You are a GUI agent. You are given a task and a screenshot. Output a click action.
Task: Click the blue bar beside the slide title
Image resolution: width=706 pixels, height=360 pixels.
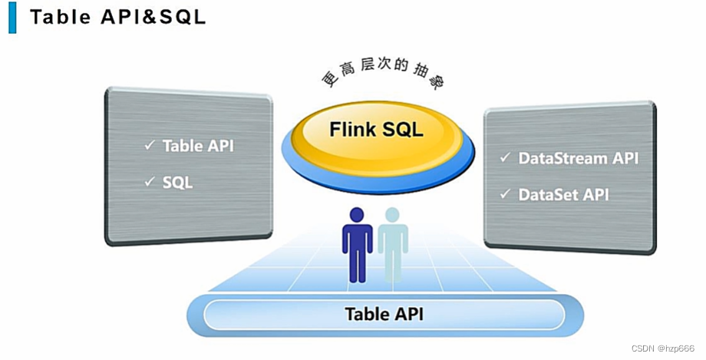tap(12, 17)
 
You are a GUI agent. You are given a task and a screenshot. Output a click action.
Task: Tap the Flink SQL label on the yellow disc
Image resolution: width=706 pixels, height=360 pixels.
tap(376, 129)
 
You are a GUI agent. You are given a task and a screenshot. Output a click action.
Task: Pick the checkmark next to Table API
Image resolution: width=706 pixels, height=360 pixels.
tap(150, 144)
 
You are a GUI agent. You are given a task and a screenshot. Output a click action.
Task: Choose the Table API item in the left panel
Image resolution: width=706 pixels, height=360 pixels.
tap(198, 146)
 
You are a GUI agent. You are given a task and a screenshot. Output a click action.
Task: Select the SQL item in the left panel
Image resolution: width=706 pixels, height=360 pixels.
tap(177, 183)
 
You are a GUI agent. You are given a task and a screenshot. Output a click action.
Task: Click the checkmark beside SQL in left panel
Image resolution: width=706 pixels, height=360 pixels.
tap(150, 181)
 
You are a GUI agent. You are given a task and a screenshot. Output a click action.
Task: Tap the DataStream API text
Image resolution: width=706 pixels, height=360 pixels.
tap(578, 159)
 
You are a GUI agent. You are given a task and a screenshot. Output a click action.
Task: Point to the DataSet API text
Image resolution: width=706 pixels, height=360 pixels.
tap(563, 195)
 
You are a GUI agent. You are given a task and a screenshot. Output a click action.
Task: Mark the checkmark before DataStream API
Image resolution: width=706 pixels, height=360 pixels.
tap(505, 157)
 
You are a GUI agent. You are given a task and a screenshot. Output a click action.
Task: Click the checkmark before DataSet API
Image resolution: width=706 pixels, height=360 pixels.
tap(505, 193)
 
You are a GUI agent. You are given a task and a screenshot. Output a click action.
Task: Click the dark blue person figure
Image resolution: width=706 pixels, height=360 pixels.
tap(357, 246)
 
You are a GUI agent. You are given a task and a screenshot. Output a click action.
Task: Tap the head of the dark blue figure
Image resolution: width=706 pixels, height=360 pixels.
tap(357, 215)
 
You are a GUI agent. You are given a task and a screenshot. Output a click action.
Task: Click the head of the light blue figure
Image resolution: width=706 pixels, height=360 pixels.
tap(391, 215)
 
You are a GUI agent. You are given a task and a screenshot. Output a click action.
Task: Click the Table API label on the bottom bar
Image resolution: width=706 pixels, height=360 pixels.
tap(384, 314)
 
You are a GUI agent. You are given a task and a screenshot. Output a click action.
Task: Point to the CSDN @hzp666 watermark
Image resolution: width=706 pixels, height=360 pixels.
tap(663, 348)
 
